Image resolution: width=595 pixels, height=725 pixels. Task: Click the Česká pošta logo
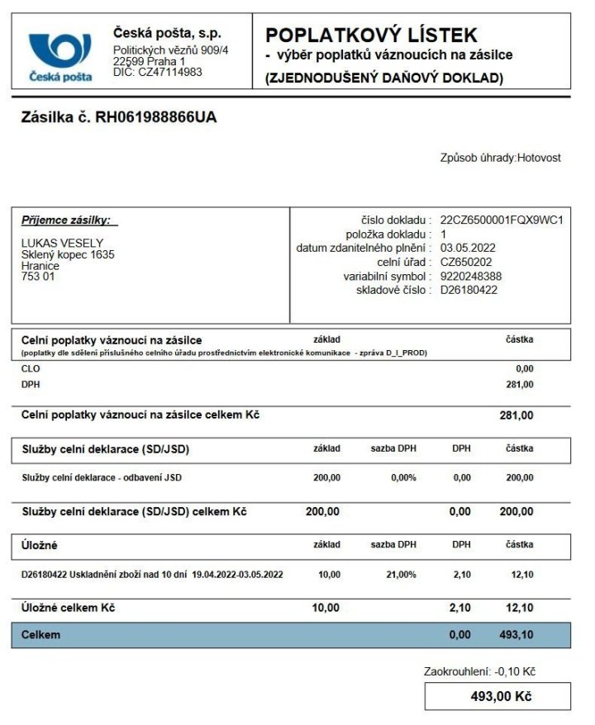pyautogui.click(x=60, y=56)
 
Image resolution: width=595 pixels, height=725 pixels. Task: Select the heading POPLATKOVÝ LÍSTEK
pyautogui.click(x=371, y=35)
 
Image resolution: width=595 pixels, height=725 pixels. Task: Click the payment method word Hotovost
pyautogui.click(x=539, y=158)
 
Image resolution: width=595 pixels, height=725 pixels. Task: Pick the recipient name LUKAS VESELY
pyautogui.click(x=62, y=243)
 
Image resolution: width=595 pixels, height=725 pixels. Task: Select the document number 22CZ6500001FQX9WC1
pyautogui.click(x=502, y=220)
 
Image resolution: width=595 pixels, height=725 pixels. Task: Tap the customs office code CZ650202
pyautogui.click(x=467, y=262)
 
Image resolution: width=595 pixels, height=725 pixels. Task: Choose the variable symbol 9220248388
pyautogui.click(x=471, y=276)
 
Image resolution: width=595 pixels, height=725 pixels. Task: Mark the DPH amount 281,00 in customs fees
pyautogui.click(x=519, y=384)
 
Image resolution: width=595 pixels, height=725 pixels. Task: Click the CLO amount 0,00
pyautogui.click(x=524, y=368)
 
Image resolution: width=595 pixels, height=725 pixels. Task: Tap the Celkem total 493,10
pyautogui.click(x=515, y=635)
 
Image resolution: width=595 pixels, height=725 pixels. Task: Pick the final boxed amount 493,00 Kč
pyautogui.click(x=500, y=696)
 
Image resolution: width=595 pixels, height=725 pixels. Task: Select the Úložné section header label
pyautogui.click(x=39, y=546)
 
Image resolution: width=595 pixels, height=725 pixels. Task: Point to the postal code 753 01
pyautogui.click(x=36, y=277)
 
